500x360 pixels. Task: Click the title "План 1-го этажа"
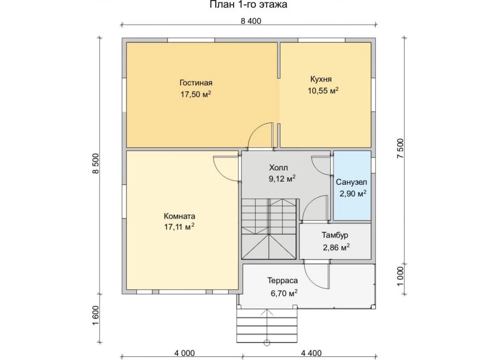tap(248, 4)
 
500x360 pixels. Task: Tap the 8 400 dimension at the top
tap(251, 21)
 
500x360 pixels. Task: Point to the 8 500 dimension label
tap(96, 163)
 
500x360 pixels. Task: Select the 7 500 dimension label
tap(400, 148)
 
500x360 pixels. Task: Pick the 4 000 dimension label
tap(184, 353)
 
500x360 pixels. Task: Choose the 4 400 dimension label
tap(311, 353)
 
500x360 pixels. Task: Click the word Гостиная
tap(196, 83)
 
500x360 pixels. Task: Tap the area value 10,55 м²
tap(323, 91)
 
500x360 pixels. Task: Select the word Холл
tap(278, 167)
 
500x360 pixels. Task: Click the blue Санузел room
tap(352, 185)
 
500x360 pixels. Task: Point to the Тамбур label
tap(335, 235)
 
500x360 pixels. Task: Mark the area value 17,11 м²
tap(179, 227)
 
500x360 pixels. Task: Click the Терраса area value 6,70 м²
tap(284, 293)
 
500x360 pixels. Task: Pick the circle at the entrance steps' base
tap(267, 343)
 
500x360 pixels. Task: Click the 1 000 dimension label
tap(400, 276)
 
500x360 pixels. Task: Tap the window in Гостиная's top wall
tap(191, 40)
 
